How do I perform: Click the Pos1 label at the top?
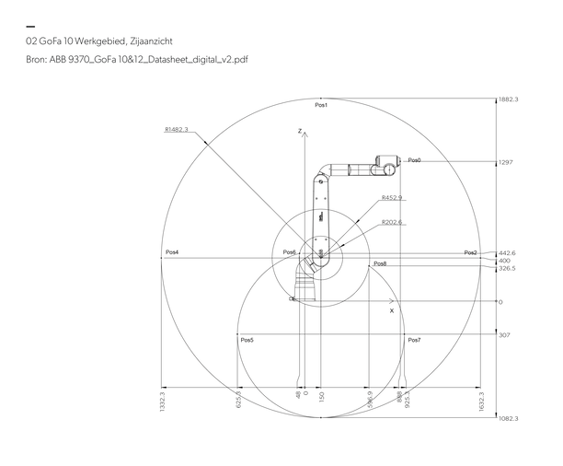tap(321, 105)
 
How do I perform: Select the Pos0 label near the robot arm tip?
tap(414, 160)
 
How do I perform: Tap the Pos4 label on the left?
tap(172, 252)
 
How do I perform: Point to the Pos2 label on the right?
tap(470, 252)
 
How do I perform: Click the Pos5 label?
tap(247, 340)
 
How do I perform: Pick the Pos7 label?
tap(414, 340)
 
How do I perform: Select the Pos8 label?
tap(380, 264)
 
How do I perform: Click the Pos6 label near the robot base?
tap(289, 252)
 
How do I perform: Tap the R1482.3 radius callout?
tap(176, 130)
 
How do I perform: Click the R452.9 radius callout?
tap(392, 198)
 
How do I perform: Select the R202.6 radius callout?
tap(392, 222)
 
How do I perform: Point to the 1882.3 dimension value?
tap(509, 99)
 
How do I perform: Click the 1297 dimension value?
tap(505, 162)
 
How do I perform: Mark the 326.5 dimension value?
tap(507, 269)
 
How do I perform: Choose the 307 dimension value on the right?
tap(504, 335)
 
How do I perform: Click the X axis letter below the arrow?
tap(391, 311)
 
